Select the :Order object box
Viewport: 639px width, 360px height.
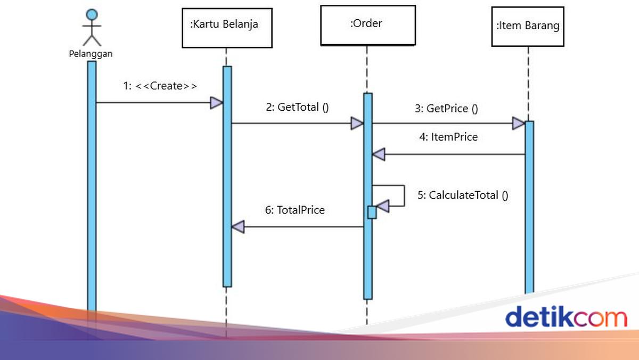(x=367, y=24)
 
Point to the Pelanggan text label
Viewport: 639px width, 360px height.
(x=91, y=53)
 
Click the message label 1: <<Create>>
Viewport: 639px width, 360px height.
(x=160, y=86)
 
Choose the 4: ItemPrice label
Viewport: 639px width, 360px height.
(x=448, y=137)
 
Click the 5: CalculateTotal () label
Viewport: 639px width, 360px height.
(x=462, y=195)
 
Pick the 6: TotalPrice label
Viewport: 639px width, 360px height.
(x=294, y=210)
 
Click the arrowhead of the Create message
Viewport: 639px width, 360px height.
(x=216, y=103)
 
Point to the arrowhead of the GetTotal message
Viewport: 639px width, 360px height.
(x=357, y=124)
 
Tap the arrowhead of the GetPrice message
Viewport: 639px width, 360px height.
(x=518, y=124)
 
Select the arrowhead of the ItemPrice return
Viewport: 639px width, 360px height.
(x=378, y=154)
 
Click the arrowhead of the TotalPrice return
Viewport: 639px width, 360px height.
(x=237, y=227)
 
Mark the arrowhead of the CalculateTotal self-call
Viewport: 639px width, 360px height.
(x=382, y=205)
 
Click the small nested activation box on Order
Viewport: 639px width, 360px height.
(x=372, y=212)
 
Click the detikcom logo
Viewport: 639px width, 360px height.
(x=566, y=317)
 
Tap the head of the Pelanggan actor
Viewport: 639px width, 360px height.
(x=93, y=14)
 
